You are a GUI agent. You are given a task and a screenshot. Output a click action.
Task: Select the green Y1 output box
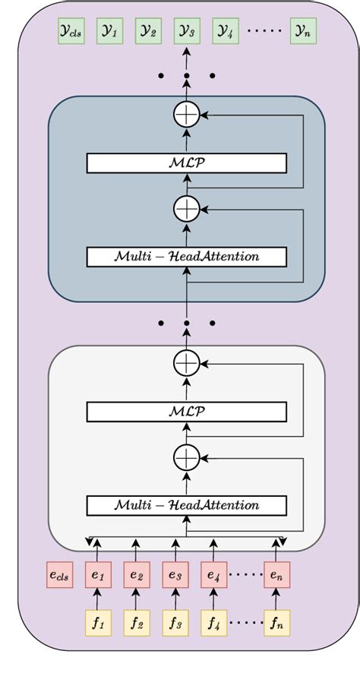pos(110,32)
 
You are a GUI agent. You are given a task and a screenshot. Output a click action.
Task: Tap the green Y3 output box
pos(187,32)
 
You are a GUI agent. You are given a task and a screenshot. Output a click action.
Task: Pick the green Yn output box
pos(303,32)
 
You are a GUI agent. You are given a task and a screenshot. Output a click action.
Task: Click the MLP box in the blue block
pos(187,163)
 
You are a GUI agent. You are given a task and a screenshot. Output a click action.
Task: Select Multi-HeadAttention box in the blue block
pos(187,257)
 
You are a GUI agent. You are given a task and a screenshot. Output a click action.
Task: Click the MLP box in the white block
pos(187,412)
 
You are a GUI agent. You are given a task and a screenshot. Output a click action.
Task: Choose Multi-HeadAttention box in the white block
pos(187,505)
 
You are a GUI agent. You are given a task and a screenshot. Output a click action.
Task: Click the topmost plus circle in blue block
pos(187,115)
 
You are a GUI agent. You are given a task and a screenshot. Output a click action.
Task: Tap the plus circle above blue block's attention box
pos(187,208)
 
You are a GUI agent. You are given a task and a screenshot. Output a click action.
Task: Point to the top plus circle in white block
pos(187,364)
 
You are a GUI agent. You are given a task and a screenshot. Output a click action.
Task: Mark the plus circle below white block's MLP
pos(187,458)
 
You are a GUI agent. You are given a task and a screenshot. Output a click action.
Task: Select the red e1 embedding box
pos(98,575)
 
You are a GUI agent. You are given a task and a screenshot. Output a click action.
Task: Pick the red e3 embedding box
pos(175,575)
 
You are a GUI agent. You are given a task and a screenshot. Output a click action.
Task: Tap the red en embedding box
pos(277,575)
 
